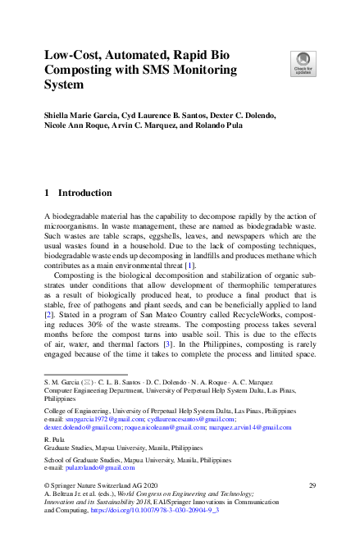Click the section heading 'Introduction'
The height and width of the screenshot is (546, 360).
click(x=84, y=193)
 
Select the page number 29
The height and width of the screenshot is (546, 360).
click(x=312, y=486)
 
